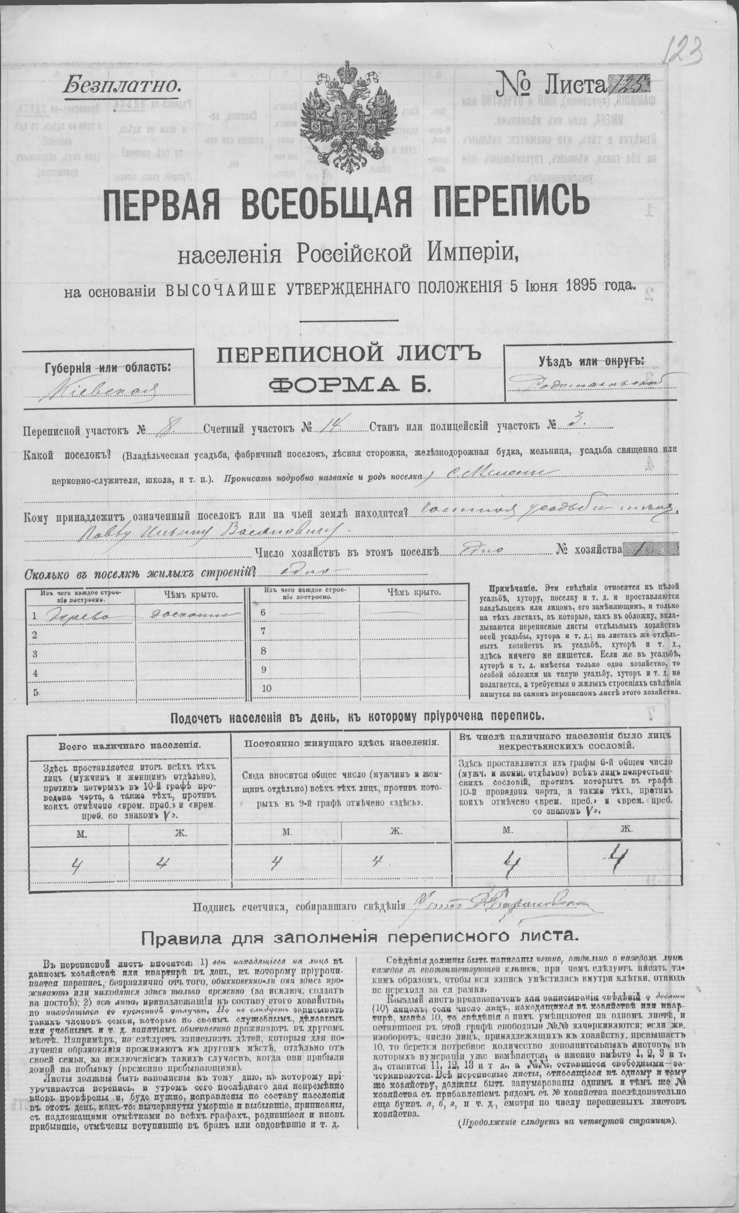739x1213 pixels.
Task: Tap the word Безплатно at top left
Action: [x=122, y=85]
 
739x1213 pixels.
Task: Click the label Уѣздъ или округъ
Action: [x=591, y=362]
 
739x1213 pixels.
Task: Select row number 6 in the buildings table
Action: [x=263, y=612]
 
